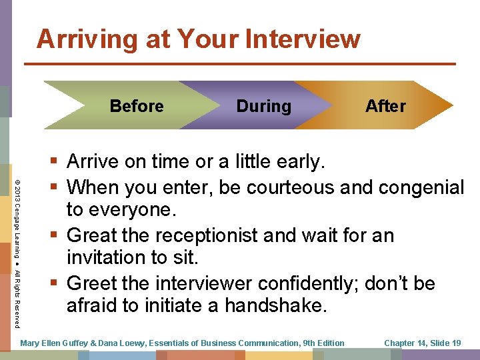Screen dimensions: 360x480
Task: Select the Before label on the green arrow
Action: coord(137,106)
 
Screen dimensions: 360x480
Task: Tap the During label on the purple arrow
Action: coord(263,106)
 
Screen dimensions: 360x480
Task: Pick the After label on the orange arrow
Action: coord(385,106)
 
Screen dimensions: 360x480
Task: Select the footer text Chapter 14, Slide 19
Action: coord(422,343)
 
